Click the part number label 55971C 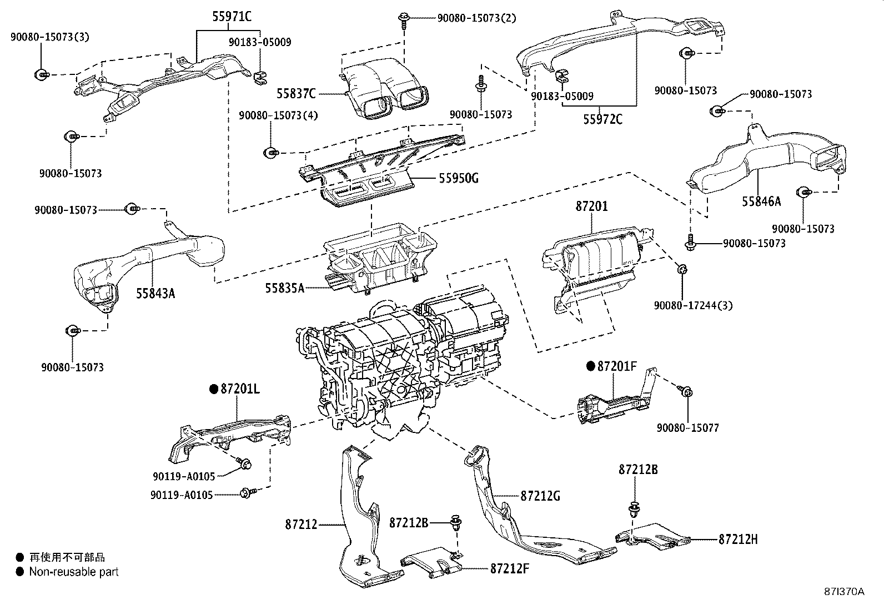click(x=232, y=17)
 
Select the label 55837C click(x=296, y=93)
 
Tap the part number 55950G click(x=458, y=178)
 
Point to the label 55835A click(x=284, y=288)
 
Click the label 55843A click(x=155, y=293)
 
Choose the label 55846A click(x=761, y=201)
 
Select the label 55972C click(x=602, y=119)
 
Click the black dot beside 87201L click(x=213, y=389)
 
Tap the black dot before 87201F click(x=590, y=366)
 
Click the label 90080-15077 click(x=687, y=428)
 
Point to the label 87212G click(x=540, y=496)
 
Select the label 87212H click(x=738, y=538)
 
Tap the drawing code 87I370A click(x=844, y=591)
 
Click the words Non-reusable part click(x=74, y=571)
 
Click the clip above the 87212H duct click(x=634, y=508)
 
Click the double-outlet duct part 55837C click(x=386, y=92)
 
